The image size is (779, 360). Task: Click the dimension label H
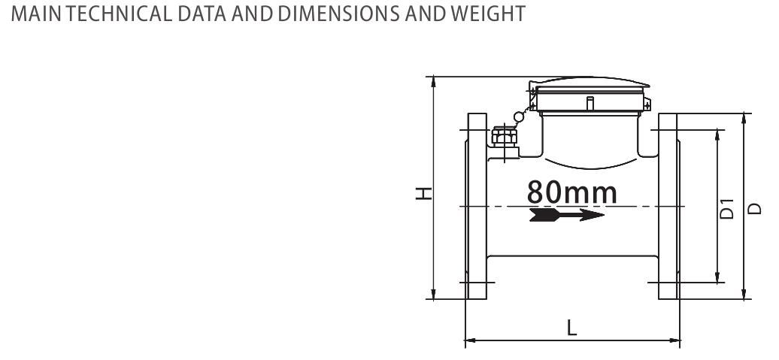(425, 193)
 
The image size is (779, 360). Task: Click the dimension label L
(572, 328)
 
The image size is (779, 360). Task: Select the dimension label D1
(726, 209)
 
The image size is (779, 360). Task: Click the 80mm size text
(571, 192)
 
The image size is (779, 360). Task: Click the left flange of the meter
(477, 207)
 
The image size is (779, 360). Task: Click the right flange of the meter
(669, 207)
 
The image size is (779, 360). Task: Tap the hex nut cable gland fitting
(502, 136)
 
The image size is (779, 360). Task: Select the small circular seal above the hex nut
(518, 116)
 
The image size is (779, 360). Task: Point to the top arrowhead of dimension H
(434, 81)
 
